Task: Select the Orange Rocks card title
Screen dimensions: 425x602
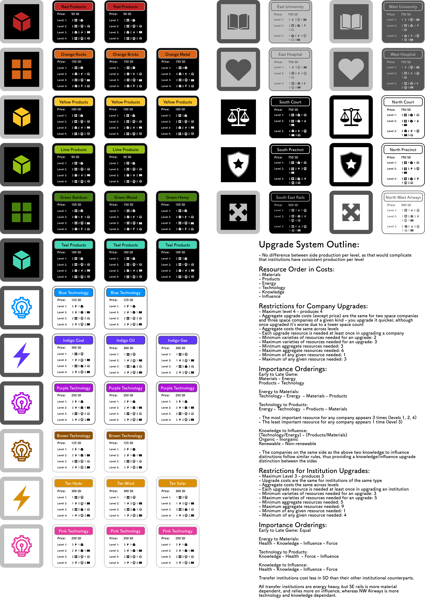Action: [x=73, y=54]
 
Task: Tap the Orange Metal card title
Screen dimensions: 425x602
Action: [x=178, y=54]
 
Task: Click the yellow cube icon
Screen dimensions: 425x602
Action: [x=22, y=117]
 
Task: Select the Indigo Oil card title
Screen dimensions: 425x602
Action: [x=125, y=340]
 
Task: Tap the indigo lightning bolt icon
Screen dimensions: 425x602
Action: [x=22, y=355]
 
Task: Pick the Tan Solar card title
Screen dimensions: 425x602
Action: [x=178, y=483]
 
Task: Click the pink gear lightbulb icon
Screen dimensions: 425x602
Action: [x=22, y=546]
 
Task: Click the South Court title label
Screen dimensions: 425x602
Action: [x=290, y=102]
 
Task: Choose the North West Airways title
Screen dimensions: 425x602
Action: [x=403, y=197]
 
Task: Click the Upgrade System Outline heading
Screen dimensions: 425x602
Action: [x=309, y=244]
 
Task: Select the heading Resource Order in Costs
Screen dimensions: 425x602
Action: [x=296, y=269]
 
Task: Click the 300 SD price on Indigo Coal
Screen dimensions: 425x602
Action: [x=76, y=348]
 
